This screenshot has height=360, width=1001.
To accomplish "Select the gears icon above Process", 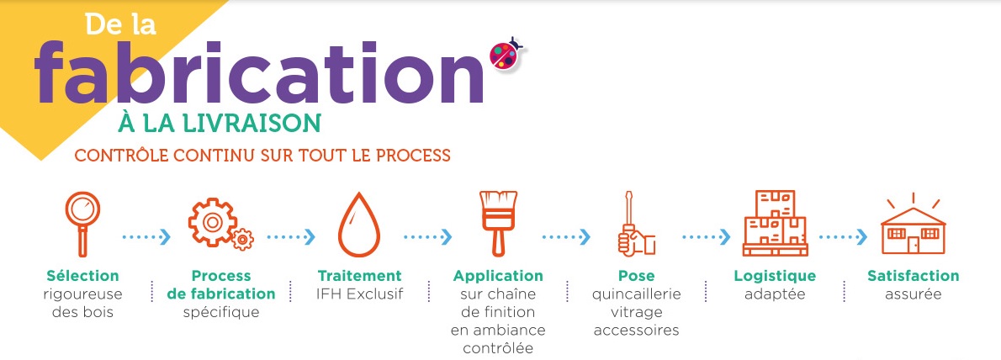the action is click(220, 224).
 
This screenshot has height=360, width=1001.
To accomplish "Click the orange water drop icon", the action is click(359, 225).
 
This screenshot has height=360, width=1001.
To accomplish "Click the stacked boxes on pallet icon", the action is click(775, 224).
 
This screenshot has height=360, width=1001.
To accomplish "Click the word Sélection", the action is click(82, 277).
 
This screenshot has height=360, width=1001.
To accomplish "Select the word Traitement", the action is click(360, 277).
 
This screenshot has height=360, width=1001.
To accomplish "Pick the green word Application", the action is click(498, 277).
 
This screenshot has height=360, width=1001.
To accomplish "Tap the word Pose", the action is click(637, 277).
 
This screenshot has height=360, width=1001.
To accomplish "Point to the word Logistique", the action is click(775, 277).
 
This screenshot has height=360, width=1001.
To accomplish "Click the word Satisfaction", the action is click(913, 277).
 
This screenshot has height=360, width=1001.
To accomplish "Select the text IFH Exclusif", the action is click(360, 294).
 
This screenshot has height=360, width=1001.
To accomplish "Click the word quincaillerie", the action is click(637, 295).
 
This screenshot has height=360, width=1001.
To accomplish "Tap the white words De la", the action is click(120, 25).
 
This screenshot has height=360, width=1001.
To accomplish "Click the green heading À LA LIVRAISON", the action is click(219, 123).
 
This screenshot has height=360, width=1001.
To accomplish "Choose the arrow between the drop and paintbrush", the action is click(427, 237).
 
